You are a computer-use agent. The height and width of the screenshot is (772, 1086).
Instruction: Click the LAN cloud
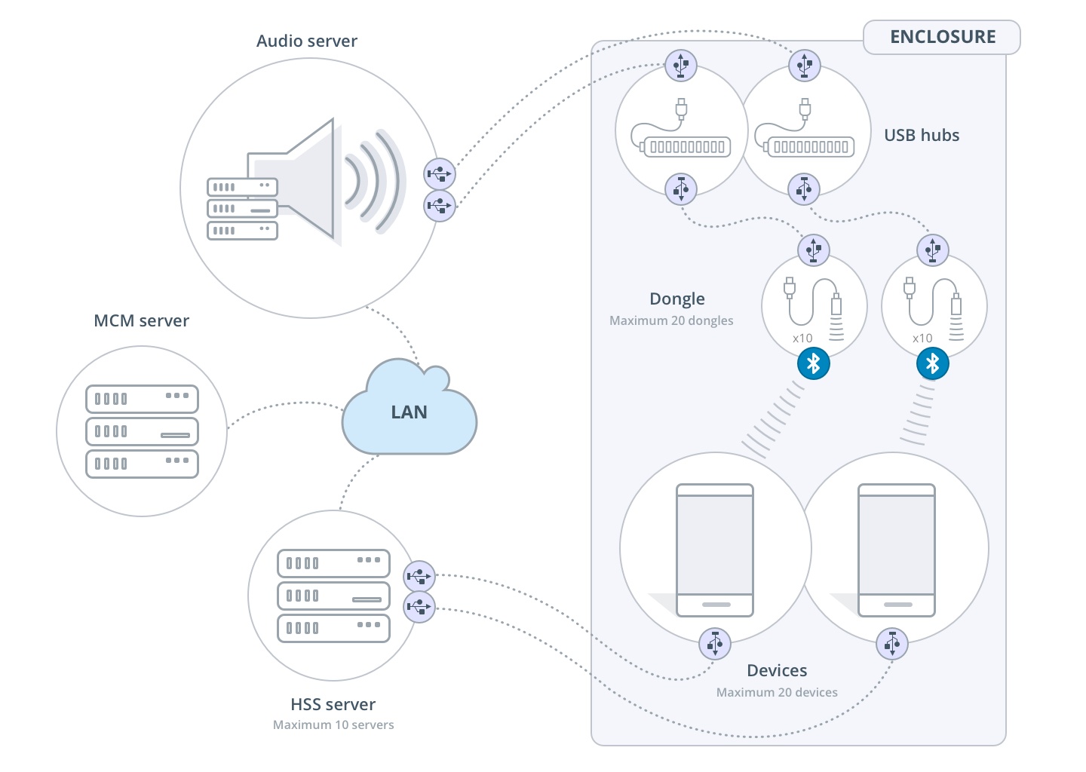click(409, 412)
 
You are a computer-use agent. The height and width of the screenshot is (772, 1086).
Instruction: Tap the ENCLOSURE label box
click(942, 37)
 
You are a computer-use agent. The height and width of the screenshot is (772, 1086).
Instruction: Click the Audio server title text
click(306, 41)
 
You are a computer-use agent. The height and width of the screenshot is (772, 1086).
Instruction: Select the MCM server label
click(141, 321)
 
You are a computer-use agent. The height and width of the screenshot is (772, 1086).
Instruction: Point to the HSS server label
click(333, 704)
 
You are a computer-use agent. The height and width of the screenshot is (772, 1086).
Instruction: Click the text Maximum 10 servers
click(333, 725)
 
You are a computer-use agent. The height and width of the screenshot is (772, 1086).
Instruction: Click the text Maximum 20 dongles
click(671, 320)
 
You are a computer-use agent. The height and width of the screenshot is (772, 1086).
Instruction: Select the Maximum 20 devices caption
click(777, 692)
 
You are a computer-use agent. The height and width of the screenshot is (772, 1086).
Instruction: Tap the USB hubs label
click(922, 136)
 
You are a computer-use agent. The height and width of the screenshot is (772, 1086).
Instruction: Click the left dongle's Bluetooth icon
click(813, 364)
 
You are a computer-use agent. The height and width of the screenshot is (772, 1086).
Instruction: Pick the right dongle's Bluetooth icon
click(933, 364)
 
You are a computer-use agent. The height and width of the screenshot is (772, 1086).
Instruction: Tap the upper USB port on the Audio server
click(439, 174)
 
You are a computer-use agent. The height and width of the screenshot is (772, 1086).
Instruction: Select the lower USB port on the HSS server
click(419, 607)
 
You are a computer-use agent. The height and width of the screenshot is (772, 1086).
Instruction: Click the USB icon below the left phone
click(715, 644)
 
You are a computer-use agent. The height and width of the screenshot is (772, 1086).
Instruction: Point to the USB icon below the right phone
click(892, 644)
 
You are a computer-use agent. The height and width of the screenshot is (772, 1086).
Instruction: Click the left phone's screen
click(715, 544)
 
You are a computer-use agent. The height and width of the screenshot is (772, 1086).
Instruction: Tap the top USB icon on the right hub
click(804, 66)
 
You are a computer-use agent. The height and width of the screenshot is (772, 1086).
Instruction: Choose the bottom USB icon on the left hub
click(681, 188)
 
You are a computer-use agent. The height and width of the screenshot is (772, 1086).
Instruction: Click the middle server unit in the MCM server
click(142, 432)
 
